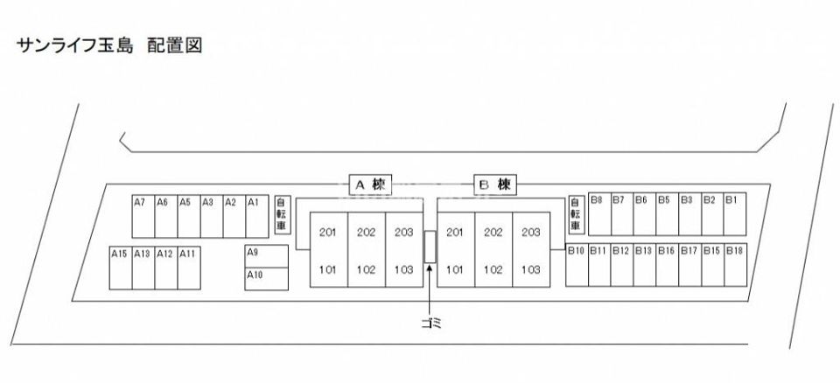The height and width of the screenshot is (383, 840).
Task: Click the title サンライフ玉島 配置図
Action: tap(110, 45)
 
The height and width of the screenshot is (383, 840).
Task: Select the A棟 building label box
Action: tap(371, 185)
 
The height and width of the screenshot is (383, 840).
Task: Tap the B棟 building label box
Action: tap(495, 185)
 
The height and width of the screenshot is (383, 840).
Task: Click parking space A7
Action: tap(143, 216)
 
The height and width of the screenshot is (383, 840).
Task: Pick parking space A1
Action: tap(257, 216)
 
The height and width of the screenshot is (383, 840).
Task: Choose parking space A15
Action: tap(121, 268)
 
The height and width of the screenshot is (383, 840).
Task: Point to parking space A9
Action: tap(267, 256)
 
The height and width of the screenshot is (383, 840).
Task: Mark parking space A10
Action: tap(267, 279)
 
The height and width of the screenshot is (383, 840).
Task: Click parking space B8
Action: tap(599, 213)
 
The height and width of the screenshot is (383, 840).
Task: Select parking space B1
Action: tap(735, 213)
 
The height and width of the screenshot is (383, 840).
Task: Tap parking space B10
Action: tap(577, 265)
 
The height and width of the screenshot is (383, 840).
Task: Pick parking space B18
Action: tap(735, 265)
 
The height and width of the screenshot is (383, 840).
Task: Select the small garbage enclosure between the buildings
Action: tap(430, 247)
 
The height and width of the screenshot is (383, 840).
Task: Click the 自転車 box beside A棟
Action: tap(282, 215)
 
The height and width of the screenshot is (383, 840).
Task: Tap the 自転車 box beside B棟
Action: tap(576, 215)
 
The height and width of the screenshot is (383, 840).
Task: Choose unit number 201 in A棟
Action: tap(328, 233)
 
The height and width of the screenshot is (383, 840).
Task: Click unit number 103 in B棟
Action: tap(531, 270)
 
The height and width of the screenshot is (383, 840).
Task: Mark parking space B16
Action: tap(667, 265)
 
